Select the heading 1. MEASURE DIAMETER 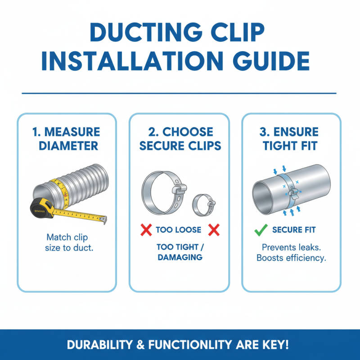click(67, 139)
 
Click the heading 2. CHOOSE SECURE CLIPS click(180, 139)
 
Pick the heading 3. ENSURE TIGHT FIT click(291, 139)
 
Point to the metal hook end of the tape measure click(103, 219)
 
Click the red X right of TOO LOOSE click(214, 230)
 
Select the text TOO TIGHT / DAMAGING click(180, 252)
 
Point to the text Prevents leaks click(291, 247)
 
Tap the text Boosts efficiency click(291, 258)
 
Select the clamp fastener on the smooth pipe click(292, 192)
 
